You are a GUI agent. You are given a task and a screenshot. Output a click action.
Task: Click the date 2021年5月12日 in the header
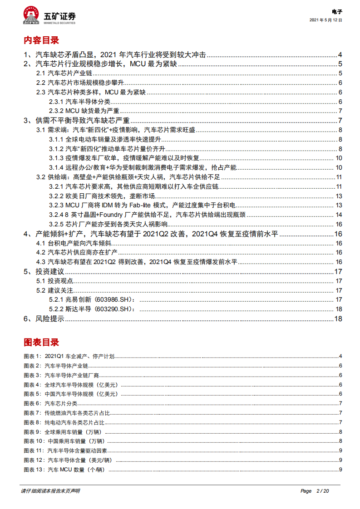[x=325, y=20]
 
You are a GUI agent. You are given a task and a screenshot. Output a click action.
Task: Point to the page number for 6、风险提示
[x=337, y=319]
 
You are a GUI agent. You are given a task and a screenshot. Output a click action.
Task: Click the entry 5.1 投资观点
[x=54, y=281]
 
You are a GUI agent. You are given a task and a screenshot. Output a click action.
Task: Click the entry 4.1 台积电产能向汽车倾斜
[x=73, y=243]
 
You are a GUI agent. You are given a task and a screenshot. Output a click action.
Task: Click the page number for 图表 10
[x=340, y=441]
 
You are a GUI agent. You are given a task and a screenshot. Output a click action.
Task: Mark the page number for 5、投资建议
[x=337, y=271]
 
